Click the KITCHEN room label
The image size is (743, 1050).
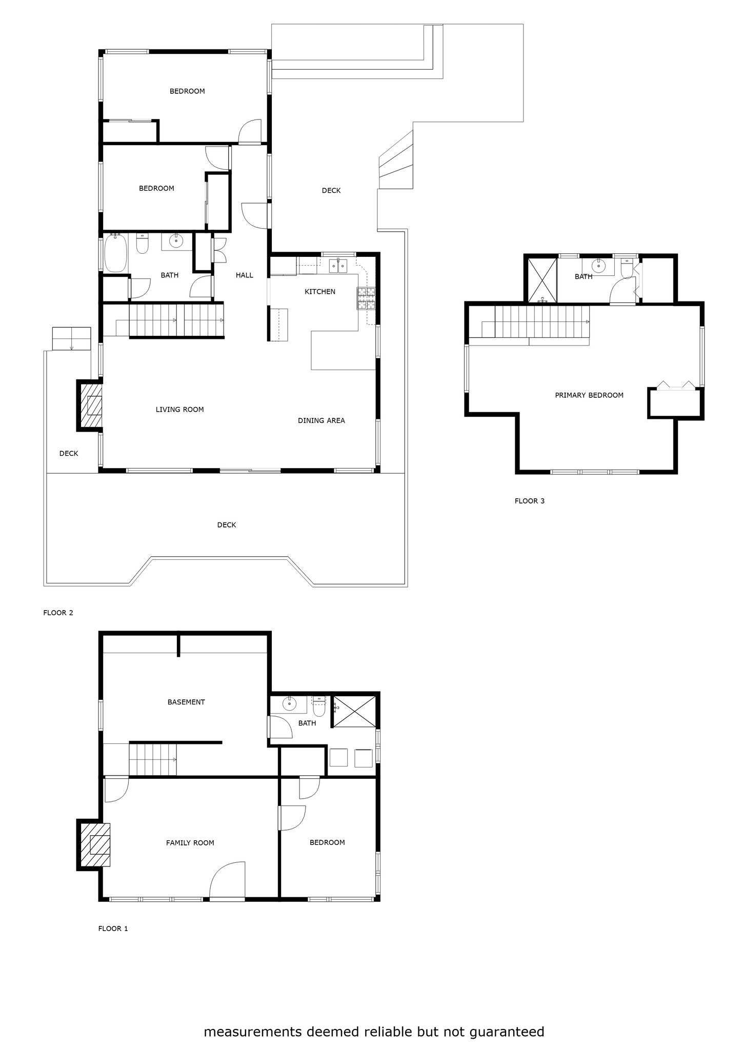tap(320, 292)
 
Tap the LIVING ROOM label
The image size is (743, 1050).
tap(180, 410)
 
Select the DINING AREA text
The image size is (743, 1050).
tap(322, 420)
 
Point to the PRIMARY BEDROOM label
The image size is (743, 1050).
tap(589, 395)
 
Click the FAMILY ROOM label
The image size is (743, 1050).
tap(190, 843)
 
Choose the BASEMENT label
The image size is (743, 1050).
tap(186, 702)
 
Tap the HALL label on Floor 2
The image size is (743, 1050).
tap(245, 275)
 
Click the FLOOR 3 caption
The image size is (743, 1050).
tap(530, 501)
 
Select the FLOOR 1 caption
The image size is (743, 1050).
tap(113, 928)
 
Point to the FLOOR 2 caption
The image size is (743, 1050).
tap(58, 613)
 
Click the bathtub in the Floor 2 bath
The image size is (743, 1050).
tap(116, 253)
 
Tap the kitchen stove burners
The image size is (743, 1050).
tap(366, 298)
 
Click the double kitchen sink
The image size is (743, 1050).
tap(338, 265)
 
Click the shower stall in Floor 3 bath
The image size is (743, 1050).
tap(542, 280)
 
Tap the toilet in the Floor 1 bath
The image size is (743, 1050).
tap(319, 708)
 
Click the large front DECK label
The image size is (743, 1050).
tap(227, 525)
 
